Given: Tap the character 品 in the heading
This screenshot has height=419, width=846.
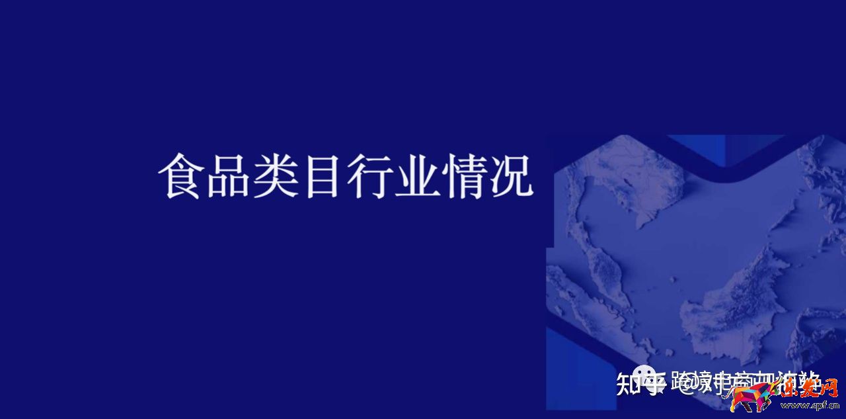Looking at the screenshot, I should pyautogui.click(x=228, y=176).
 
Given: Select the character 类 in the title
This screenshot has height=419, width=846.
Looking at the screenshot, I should pyautogui.click(x=276, y=176).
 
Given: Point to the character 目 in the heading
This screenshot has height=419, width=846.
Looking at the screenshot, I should pyautogui.click(x=323, y=176).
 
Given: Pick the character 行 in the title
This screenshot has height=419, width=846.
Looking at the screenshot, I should pyautogui.click(x=369, y=176).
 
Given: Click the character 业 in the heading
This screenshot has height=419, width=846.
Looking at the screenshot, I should pyautogui.click(x=416, y=176).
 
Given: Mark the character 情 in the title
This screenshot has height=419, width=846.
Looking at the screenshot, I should pyautogui.click(x=464, y=176).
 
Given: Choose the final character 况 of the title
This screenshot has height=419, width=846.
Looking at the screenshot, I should pyautogui.click(x=511, y=176).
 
